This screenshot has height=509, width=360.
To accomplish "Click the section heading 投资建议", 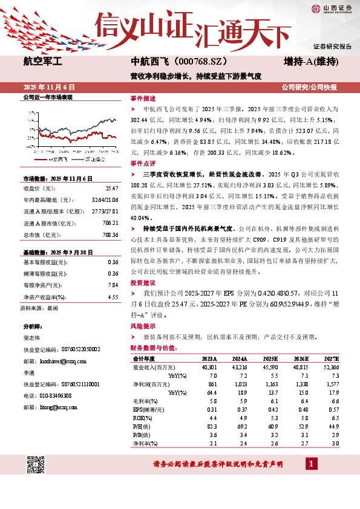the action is coord(143,283).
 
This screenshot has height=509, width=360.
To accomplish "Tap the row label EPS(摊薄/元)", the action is coord(148,409).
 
